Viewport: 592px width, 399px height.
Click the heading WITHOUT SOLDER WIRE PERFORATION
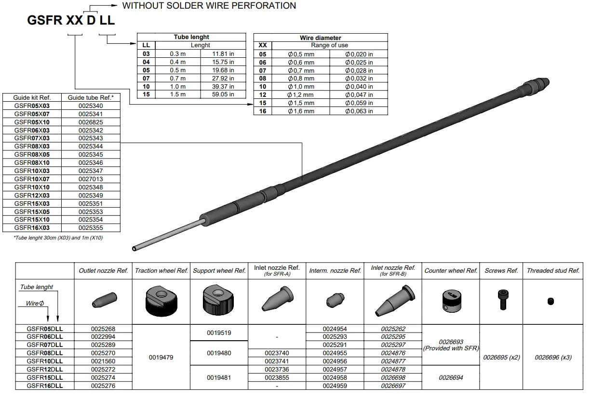tap(209, 6)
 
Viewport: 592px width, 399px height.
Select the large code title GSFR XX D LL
tap(71, 21)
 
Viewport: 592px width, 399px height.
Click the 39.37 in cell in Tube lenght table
tap(223, 86)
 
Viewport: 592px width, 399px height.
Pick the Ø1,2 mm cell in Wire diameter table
tap(301, 95)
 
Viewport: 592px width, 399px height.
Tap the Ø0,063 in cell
tap(359, 111)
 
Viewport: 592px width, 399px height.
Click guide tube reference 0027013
tap(91, 179)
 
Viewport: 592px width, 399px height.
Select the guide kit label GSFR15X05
tap(32, 212)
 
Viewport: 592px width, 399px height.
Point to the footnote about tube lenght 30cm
tap(58, 238)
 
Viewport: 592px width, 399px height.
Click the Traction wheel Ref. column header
tap(161, 271)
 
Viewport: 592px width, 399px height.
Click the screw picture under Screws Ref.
tap(501, 300)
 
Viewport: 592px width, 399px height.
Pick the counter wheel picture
tap(450, 302)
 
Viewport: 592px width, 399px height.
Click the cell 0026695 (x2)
tap(501, 358)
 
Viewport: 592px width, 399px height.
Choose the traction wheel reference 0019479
tap(161, 358)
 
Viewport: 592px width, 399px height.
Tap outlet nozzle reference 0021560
tap(103, 361)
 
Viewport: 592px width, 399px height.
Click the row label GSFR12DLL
tap(45, 370)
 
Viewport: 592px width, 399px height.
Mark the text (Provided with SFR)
tap(451, 348)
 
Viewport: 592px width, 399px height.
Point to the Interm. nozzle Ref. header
tap(335, 271)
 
